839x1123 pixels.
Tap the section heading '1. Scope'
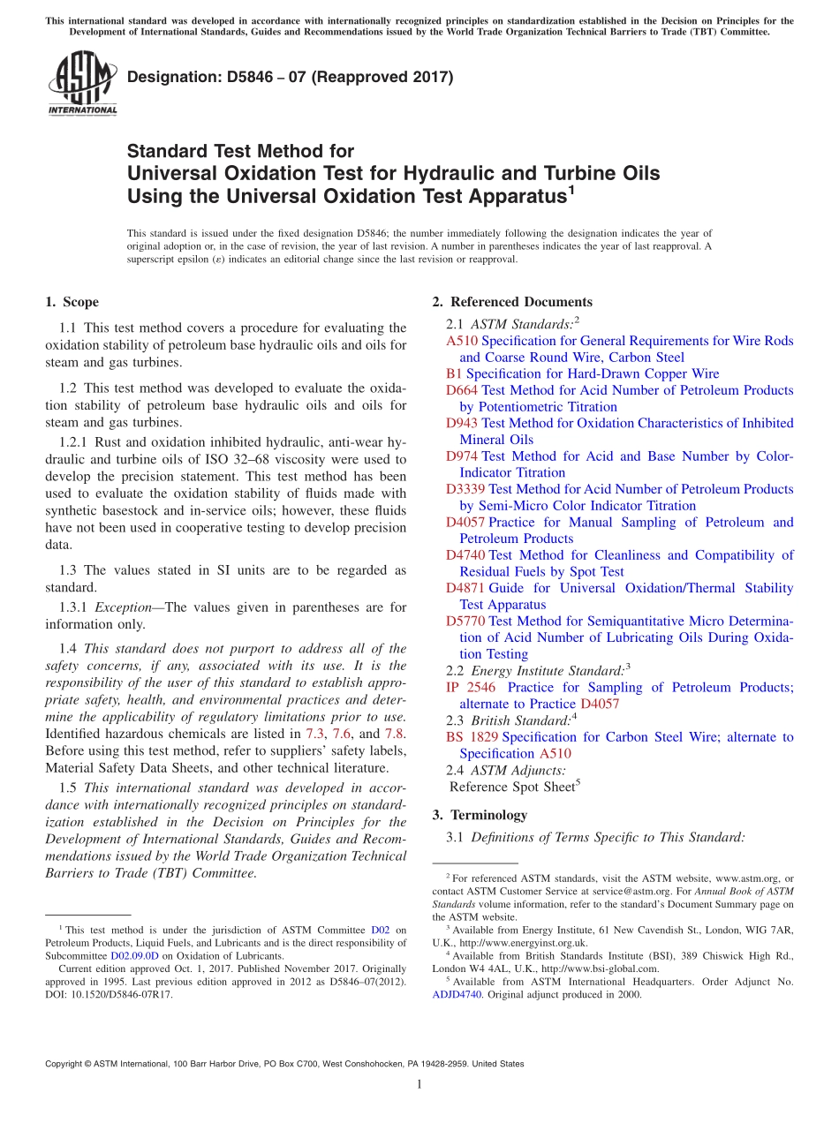72,302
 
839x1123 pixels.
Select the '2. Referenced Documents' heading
512,302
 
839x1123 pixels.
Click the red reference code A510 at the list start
462,341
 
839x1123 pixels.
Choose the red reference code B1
454,373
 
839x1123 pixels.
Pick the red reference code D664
463,390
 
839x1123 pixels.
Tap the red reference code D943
463,423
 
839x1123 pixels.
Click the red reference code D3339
465,489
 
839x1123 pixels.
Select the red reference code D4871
465,588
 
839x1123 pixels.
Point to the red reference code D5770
465,621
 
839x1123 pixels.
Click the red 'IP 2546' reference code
471,687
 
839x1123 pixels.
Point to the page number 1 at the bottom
419,1084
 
